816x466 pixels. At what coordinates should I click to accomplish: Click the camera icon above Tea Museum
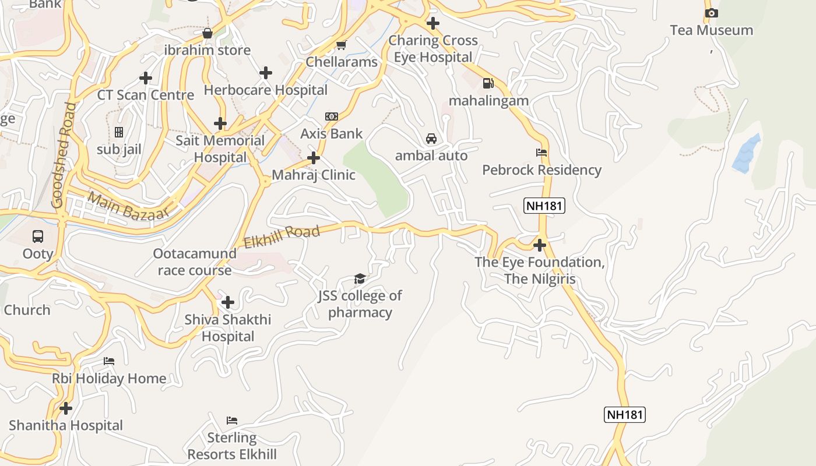pyautogui.click(x=711, y=13)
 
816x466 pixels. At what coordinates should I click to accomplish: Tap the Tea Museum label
pyautogui.click(x=711, y=30)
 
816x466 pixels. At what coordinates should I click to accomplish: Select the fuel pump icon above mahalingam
pyautogui.click(x=488, y=83)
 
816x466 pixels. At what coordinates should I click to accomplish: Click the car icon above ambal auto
pyautogui.click(x=431, y=139)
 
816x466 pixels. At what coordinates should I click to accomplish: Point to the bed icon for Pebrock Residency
pyautogui.click(x=541, y=153)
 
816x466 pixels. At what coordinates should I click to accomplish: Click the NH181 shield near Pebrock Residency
pyautogui.click(x=544, y=206)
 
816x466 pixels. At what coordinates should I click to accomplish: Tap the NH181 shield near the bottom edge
pyautogui.click(x=625, y=415)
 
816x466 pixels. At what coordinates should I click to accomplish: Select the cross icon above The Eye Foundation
pyautogui.click(x=540, y=245)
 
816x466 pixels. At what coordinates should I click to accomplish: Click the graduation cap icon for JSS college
pyautogui.click(x=360, y=279)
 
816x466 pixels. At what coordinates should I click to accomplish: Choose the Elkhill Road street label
pyautogui.click(x=282, y=237)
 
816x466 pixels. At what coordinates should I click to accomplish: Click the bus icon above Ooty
pyautogui.click(x=38, y=236)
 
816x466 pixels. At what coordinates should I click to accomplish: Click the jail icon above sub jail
pyautogui.click(x=119, y=132)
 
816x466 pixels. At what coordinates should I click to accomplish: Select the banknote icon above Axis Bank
pyautogui.click(x=332, y=116)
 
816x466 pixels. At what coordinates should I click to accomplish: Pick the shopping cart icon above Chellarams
pyautogui.click(x=342, y=45)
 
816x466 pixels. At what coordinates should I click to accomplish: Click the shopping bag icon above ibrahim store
pyautogui.click(x=207, y=33)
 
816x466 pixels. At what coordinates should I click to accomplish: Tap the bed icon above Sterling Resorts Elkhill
pyautogui.click(x=232, y=421)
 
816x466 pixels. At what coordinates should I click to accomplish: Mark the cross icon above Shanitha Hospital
pyautogui.click(x=66, y=408)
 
